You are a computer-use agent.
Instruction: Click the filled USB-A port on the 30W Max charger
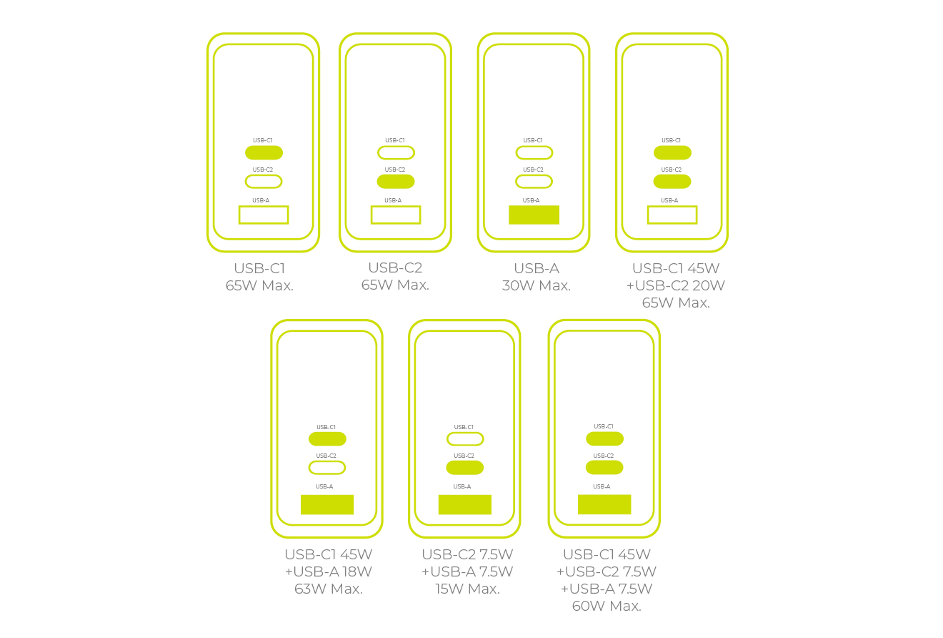(x=534, y=215)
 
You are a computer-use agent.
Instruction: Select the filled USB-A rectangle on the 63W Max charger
(x=327, y=504)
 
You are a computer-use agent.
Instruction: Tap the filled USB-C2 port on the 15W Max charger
(x=465, y=468)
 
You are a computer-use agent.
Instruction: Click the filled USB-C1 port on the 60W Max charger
(x=604, y=438)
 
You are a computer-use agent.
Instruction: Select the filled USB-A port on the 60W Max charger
(x=604, y=504)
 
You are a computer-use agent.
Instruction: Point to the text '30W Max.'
(x=537, y=285)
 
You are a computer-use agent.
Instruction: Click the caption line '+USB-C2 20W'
(x=676, y=285)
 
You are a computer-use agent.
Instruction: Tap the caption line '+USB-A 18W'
(x=329, y=572)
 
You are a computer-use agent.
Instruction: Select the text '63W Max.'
(x=329, y=589)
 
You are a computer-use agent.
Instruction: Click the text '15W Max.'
(x=467, y=589)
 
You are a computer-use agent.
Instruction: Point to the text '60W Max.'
(x=607, y=606)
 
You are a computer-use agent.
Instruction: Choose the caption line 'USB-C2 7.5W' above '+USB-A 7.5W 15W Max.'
(x=467, y=554)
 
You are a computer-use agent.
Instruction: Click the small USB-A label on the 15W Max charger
(x=462, y=486)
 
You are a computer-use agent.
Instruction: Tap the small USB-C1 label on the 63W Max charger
(x=326, y=427)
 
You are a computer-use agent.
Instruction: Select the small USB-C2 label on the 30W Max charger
(x=533, y=170)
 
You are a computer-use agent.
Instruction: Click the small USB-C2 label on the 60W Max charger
(x=603, y=456)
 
